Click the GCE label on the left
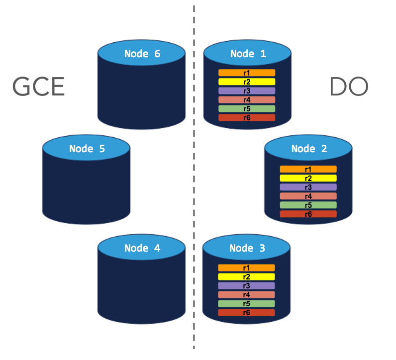point(38,87)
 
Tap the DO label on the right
point(348,87)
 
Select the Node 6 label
point(142,54)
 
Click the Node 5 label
point(87,148)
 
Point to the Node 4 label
point(142,248)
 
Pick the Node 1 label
point(248,54)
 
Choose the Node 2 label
point(308,148)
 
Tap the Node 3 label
point(247,248)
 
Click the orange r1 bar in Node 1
point(247,73)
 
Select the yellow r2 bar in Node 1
point(247,82)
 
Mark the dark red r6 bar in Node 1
point(247,118)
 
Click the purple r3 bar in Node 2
point(308,187)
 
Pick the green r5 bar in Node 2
point(308,205)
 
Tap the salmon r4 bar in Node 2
point(308,196)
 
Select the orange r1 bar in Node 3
point(246,268)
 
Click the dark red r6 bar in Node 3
point(246,313)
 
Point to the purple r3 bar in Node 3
point(246,286)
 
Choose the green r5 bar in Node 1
point(247,108)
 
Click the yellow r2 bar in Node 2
point(308,178)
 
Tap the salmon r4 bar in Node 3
point(246,295)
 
